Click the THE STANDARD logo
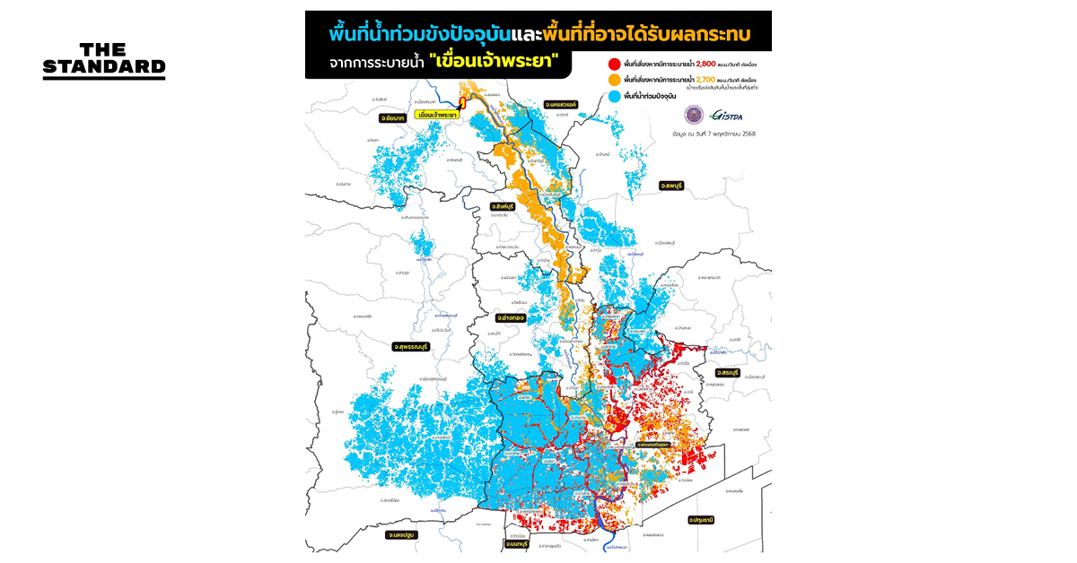tap(104, 61)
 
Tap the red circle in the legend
tap(614, 65)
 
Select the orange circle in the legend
tap(614, 81)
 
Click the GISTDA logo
tap(724, 116)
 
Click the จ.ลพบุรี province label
tap(672, 185)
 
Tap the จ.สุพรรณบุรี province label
tap(412, 346)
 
